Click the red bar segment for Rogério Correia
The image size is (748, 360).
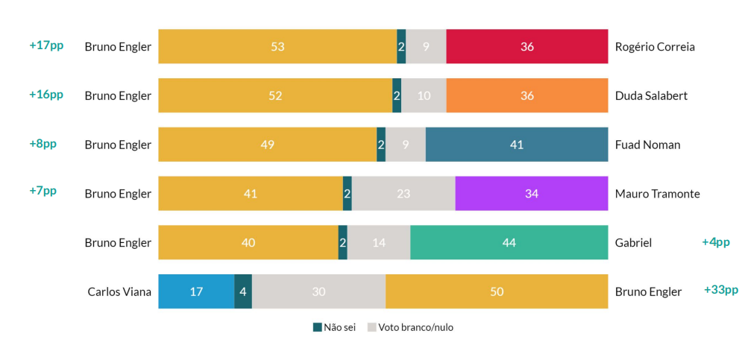tap(527, 46)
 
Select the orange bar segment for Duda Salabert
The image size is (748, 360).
tap(527, 95)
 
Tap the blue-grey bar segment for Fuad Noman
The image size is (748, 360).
tap(516, 145)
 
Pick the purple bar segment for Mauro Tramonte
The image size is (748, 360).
tap(531, 194)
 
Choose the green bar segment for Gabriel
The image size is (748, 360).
tap(509, 242)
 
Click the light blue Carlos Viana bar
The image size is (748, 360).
tap(196, 291)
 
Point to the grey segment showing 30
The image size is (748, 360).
tap(318, 291)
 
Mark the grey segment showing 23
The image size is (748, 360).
tap(403, 194)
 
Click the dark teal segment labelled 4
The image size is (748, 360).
tap(243, 291)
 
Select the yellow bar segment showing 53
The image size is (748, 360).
tap(277, 46)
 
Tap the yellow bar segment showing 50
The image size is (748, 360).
tap(497, 291)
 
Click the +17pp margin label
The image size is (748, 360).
tap(46, 45)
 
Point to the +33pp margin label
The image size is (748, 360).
tap(720, 290)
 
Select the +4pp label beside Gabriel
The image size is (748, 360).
tap(715, 241)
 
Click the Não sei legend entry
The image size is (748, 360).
tap(334, 327)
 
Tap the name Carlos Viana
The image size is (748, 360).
tap(119, 291)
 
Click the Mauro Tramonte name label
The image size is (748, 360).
tap(657, 194)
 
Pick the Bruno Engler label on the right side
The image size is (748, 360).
tap(648, 291)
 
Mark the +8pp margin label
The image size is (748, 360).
tap(43, 144)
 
